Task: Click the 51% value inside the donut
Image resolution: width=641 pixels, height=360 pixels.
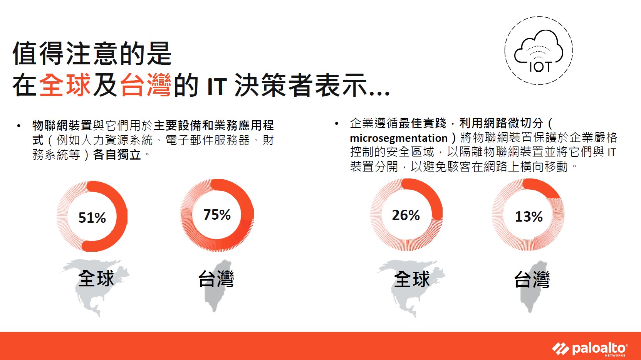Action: (92, 218)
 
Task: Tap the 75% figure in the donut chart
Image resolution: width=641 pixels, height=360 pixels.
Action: (217, 215)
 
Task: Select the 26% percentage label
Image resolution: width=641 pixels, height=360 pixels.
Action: (406, 215)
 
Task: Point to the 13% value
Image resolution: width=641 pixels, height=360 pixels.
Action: (529, 217)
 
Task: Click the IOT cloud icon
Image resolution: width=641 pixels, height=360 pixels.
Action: (539, 50)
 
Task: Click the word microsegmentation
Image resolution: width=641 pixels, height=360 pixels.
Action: (399, 138)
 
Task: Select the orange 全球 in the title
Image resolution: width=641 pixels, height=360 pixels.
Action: (65, 85)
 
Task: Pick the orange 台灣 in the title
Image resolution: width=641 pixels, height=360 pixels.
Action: (146, 85)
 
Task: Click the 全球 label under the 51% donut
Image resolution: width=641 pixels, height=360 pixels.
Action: (96, 278)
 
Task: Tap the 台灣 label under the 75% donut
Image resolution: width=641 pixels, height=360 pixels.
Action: (216, 279)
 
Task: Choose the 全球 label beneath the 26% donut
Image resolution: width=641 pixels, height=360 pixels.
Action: (412, 279)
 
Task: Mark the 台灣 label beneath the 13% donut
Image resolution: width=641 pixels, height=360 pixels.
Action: (532, 279)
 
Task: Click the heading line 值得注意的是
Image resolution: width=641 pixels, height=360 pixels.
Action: (92, 54)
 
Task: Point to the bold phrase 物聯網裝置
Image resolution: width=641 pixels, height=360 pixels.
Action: (62, 125)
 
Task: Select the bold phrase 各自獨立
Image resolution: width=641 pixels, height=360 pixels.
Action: (117, 155)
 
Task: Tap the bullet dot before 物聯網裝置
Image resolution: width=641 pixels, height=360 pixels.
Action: (19, 126)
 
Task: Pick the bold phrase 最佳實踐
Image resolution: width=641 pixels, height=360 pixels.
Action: (422, 123)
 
